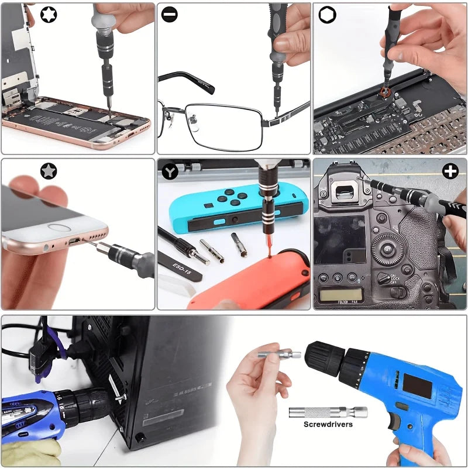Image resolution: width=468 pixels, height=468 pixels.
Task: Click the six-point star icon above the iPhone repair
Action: pos(49,13)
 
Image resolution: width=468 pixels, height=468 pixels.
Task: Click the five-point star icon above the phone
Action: pos(49,171)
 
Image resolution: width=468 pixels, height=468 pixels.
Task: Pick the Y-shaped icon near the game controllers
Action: pos(170,171)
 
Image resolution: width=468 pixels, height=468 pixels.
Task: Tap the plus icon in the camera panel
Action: pos(450,171)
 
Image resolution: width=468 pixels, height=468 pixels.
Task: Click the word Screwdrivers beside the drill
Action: pos(328,424)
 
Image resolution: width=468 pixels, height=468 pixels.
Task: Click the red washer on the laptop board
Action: pos(384,91)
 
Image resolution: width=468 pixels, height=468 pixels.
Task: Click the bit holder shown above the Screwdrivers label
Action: pos(328,412)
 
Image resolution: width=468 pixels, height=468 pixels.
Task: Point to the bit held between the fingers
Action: pos(278,354)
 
